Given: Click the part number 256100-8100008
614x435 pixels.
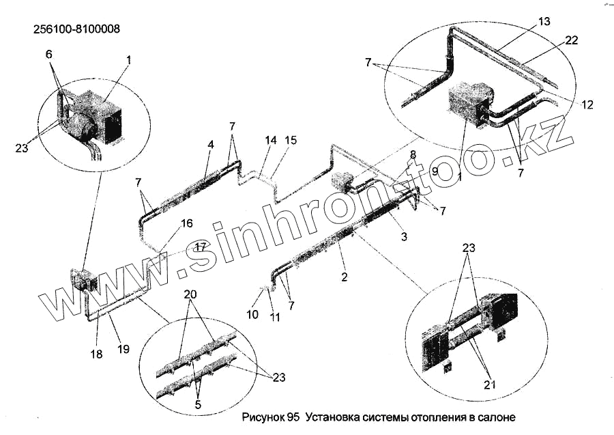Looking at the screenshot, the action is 76,29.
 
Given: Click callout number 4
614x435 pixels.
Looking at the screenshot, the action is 211,145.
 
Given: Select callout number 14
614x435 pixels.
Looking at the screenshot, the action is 272,140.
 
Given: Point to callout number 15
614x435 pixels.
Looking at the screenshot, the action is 291,140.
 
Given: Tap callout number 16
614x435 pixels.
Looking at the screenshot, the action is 187,223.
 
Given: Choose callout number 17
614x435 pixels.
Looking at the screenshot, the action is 200,246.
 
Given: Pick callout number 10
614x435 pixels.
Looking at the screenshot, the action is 253,315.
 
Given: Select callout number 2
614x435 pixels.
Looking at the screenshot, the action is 345,277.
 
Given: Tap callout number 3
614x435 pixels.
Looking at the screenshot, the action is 404,237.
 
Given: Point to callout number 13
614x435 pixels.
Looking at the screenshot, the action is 543,22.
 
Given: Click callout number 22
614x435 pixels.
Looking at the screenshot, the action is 571,40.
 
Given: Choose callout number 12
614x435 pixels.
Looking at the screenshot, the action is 587,104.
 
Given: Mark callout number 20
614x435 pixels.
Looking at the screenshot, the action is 190,294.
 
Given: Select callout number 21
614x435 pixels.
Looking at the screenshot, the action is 488,384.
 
